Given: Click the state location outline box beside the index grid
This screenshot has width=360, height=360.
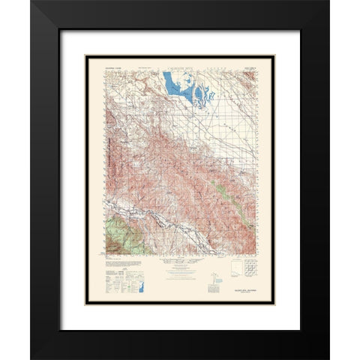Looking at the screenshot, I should coord(235,269).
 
